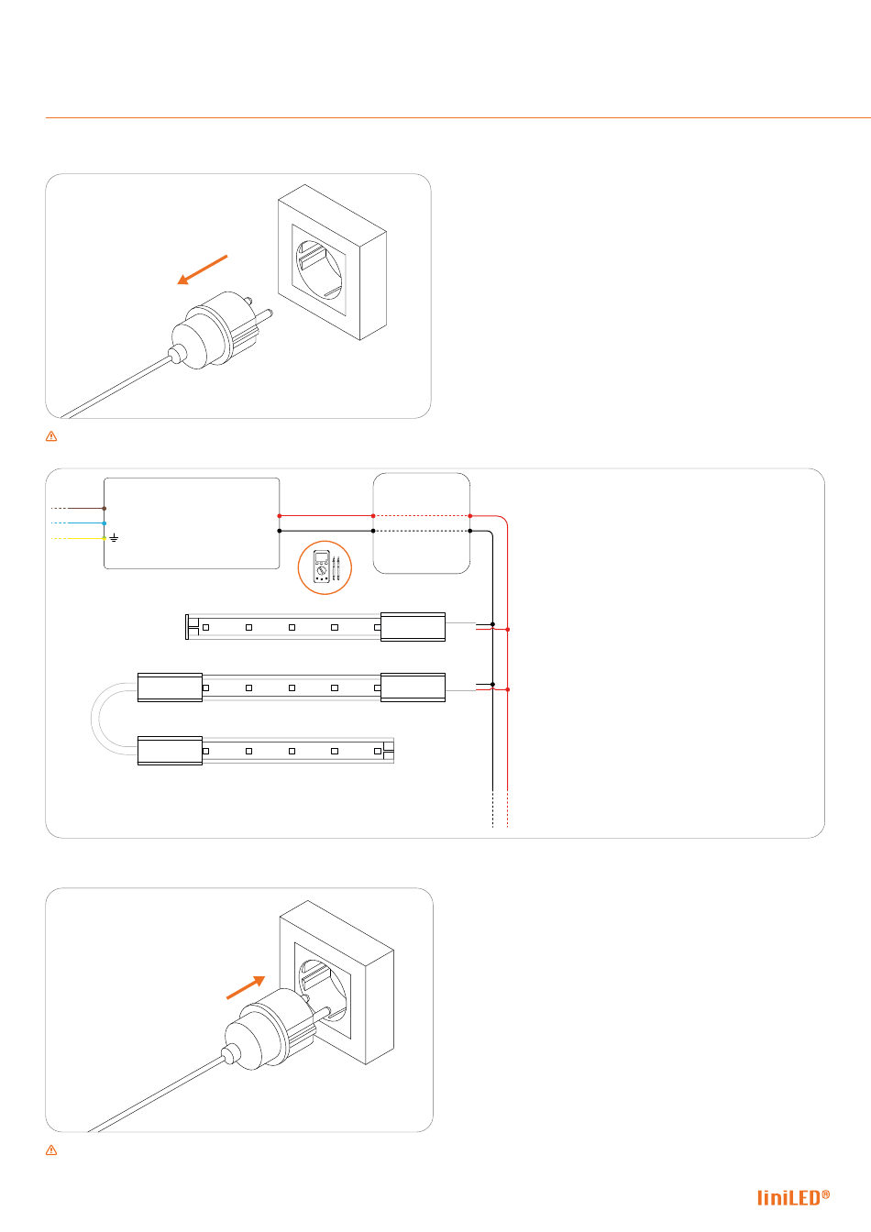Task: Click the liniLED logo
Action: [x=793, y=1197]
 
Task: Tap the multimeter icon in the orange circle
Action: [x=325, y=567]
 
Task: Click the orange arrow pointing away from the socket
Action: [x=202, y=269]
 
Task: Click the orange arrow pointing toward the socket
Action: [x=246, y=987]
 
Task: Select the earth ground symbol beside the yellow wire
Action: [x=114, y=537]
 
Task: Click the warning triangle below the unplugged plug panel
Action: [x=51, y=436]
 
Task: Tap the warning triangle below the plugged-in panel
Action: [x=51, y=1150]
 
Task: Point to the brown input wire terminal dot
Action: [x=104, y=509]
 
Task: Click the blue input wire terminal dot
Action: [x=104, y=523]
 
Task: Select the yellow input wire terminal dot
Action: [x=104, y=538]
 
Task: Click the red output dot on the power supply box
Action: [x=280, y=516]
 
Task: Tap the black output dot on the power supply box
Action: [x=280, y=531]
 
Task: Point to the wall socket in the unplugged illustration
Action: [x=332, y=262]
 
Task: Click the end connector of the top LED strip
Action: [x=413, y=627]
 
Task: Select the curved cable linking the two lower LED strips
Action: [x=92, y=719]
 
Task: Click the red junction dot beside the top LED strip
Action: [x=507, y=629]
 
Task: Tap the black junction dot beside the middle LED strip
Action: [x=492, y=684]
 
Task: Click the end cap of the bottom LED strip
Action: [x=389, y=751]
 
